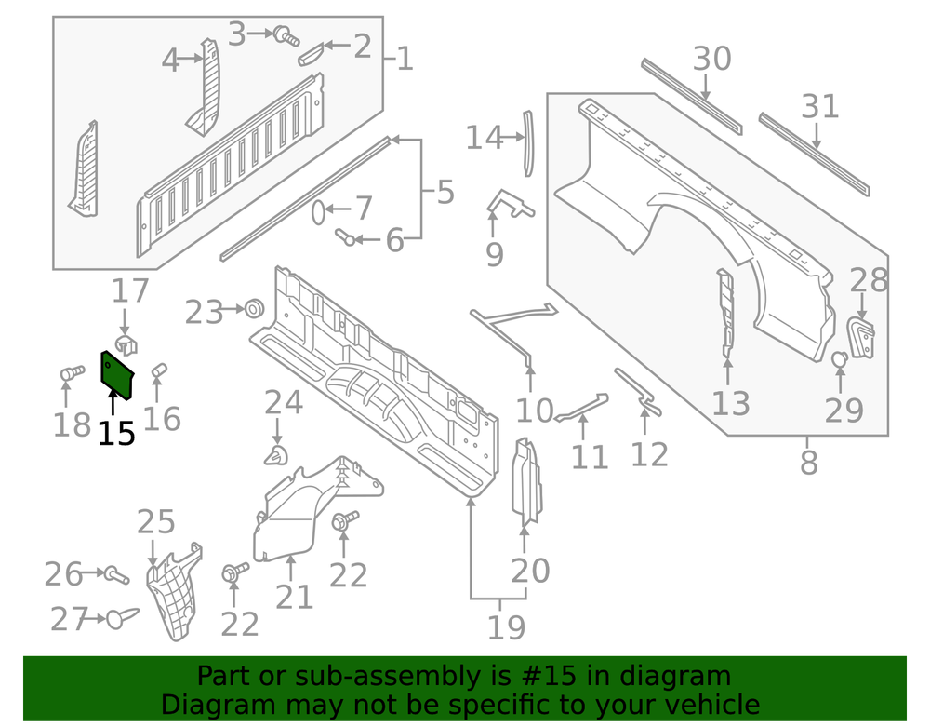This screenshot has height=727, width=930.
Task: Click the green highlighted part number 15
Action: [x=116, y=373]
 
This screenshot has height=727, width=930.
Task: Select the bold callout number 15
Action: [x=117, y=433]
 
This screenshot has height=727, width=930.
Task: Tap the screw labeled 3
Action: [x=284, y=36]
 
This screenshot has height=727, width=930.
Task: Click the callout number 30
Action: [x=712, y=60]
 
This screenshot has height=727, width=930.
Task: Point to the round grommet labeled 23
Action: [x=251, y=309]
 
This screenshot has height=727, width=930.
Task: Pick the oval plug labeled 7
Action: [x=317, y=212]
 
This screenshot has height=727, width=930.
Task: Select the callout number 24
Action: [x=284, y=403]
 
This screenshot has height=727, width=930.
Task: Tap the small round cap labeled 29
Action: [x=838, y=359]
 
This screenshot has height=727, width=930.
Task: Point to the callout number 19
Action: [x=507, y=628]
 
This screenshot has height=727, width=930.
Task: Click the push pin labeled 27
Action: [x=120, y=617]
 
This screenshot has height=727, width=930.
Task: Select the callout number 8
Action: [x=808, y=461]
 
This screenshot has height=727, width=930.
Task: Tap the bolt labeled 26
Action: [x=114, y=574]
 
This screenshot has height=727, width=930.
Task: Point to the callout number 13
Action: [x=731, y=404]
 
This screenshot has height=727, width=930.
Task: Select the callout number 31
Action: [x=820, y=107]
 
